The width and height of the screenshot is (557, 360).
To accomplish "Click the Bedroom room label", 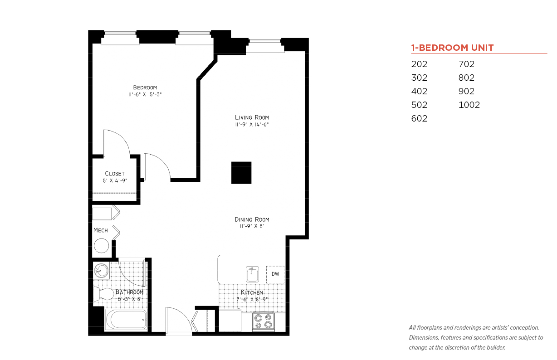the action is pyautogui.click(x=145, y=88).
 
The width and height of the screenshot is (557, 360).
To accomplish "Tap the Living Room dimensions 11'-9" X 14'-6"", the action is pyautogui.click(x=252, y=124).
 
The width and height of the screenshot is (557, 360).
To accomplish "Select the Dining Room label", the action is pyautogui.click(x=252, y=219).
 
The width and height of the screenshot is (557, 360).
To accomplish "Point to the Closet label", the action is pyautogui.click(x=115, y=174).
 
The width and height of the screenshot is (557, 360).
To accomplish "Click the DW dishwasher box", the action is pyautogui.click(x=275, y=274).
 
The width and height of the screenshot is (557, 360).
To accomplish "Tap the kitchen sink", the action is pyautogui.click(x=252, y=274).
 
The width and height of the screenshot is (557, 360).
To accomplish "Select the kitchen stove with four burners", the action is pyautogui.click(x=264, y=321).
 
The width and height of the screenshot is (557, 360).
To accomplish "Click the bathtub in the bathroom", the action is pyautogui.click(x=126, y=320).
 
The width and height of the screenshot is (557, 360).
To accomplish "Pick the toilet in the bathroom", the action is pyautogui.click(x=103, y=294).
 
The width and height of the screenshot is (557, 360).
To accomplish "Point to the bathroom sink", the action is pyautogui.click(x=101, y=271).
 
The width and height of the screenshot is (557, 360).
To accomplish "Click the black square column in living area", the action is pyautogui.click(x=241, y=173).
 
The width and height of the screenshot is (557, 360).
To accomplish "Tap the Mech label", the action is pyautogui.click(x=101, y=230).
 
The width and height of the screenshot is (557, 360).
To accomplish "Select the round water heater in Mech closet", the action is pyautogui.click(x=102, y=246).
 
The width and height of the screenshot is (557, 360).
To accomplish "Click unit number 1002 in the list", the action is pyautogui.click(x=469, y=105).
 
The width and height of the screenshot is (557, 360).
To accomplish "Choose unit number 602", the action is pyautogui.click(x=419, y=118).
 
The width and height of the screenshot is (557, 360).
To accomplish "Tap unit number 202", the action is pyautogui.click(x=419, y=64).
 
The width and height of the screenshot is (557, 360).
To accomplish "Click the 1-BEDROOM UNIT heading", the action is pyautogui.click(x=452, y=48).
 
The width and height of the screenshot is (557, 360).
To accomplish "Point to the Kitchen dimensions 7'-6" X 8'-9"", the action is pyautogui.click(x=252, y=299).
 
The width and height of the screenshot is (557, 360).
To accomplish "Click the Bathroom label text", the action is pyautogui.click(x=129, y=292).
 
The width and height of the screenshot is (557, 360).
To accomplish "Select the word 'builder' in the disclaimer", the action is pyautogui.click(x=496, y=348).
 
